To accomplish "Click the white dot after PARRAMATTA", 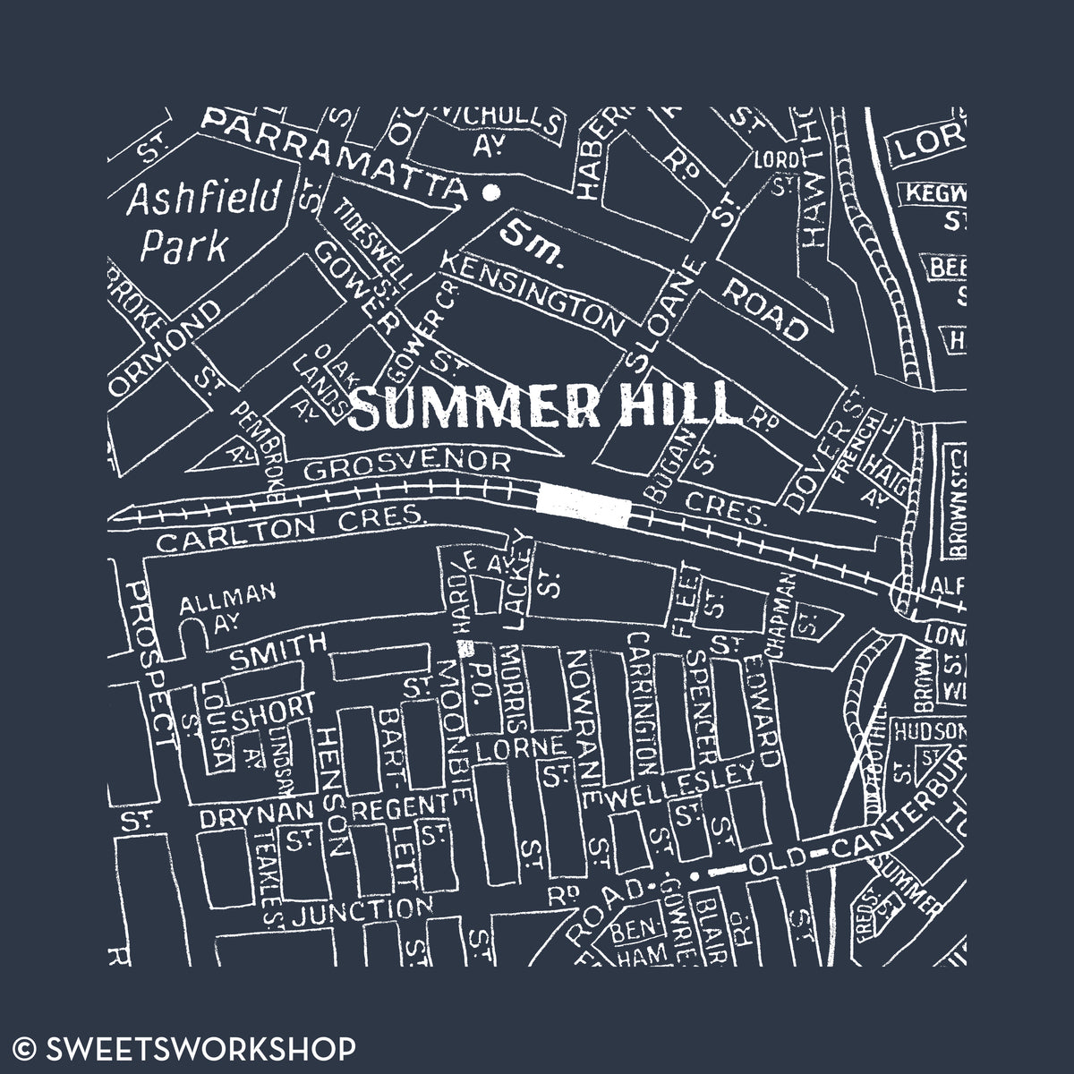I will click(x=490, y=192).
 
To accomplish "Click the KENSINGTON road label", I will click(x=533, y=294).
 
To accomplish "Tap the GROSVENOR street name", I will click(x=407, y=465).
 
